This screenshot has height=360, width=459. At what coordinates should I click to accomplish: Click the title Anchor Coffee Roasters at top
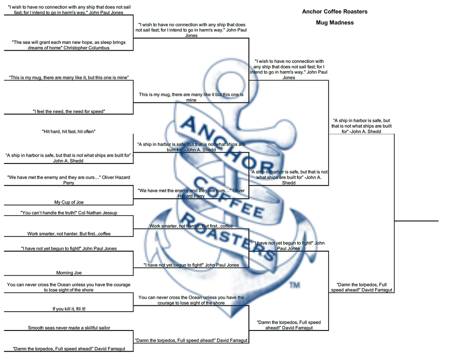334,12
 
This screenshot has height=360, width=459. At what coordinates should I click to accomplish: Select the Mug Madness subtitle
334,22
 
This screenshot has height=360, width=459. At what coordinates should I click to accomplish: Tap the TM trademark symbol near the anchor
294,285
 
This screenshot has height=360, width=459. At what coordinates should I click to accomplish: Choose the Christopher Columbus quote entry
69,45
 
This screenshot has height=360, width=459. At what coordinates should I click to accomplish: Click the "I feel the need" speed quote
69,111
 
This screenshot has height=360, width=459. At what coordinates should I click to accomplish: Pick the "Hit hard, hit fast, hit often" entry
69,132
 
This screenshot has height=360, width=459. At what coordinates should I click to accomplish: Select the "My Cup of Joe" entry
69,202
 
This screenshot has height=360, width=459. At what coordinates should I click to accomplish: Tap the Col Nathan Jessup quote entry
69,213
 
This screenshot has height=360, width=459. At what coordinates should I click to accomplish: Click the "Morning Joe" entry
69,273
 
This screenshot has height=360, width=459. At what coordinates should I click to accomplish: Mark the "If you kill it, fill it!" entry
69,309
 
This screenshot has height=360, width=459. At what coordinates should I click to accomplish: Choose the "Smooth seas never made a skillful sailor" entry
69,328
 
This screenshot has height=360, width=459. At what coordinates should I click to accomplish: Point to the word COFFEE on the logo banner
229,197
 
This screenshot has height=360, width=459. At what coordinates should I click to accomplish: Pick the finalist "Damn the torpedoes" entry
361,287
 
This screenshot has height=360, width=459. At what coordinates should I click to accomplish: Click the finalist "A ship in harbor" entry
361,126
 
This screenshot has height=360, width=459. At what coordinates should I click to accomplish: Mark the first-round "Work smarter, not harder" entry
69,234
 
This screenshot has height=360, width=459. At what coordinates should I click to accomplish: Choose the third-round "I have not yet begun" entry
289,246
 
